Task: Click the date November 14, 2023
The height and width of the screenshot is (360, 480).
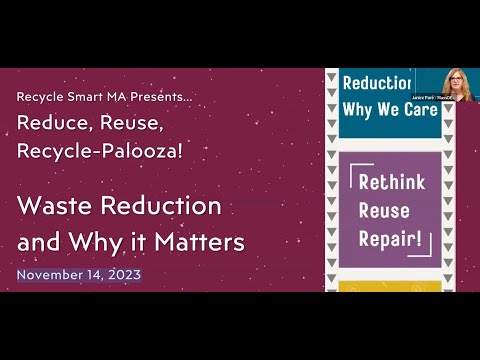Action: click(x=79, y=274)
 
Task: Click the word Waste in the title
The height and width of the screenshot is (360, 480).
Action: click(x=53, y=207)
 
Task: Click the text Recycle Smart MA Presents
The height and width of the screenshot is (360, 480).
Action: click(x=105, y=97)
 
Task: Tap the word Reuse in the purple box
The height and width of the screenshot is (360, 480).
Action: click(x=381, y=211)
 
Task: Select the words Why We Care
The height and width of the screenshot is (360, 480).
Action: click(x=390, y=108)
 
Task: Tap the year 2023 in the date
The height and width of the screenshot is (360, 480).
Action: click(x=123, y=274)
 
